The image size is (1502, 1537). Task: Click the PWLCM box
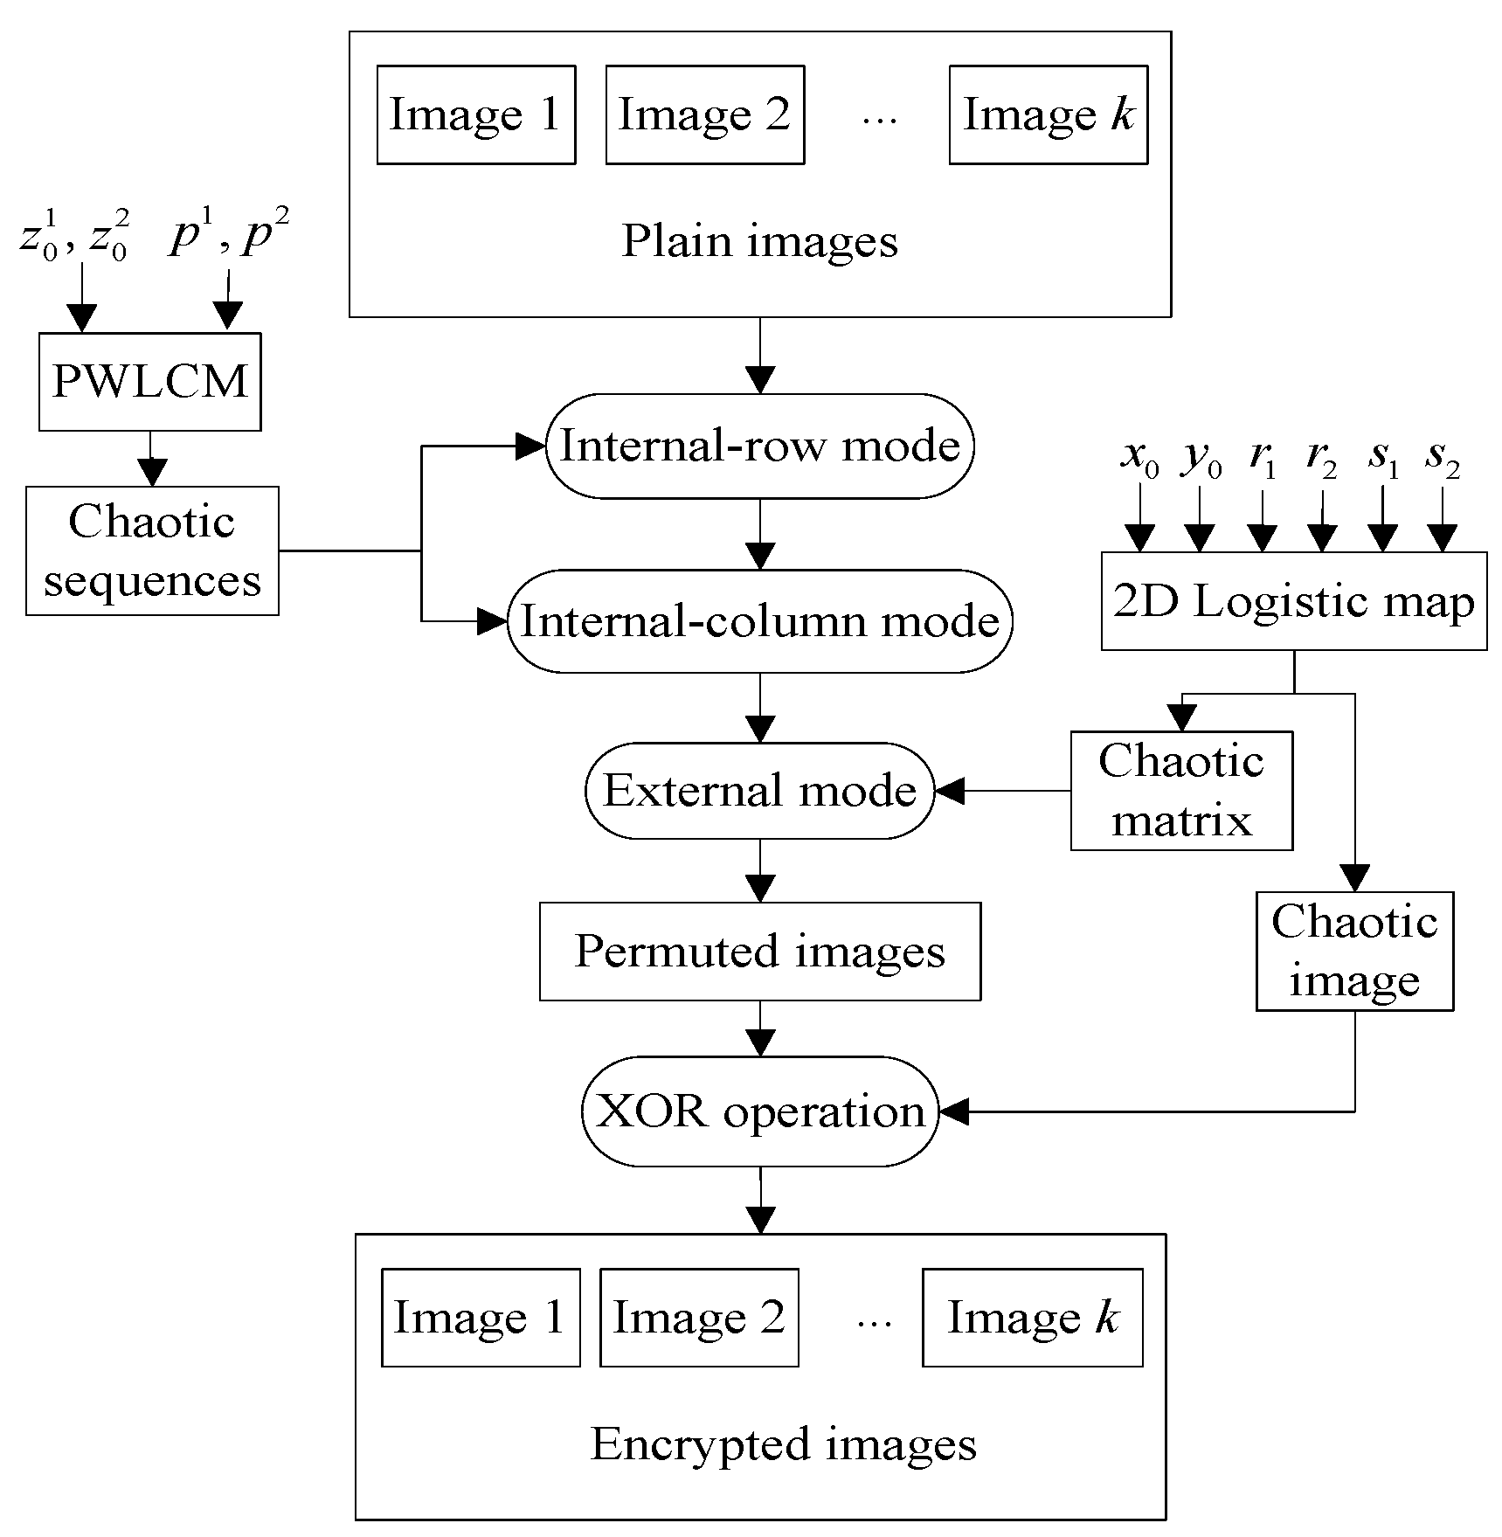pos(149,382)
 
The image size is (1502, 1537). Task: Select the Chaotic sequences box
pos(152,551)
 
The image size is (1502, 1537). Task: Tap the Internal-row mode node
pos(759,447)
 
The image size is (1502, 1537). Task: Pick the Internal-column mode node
pos(759,621)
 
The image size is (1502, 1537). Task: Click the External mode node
pos(759,791)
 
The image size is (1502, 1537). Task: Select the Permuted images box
pos(759,952)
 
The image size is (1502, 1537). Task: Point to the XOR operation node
pos(759,1111)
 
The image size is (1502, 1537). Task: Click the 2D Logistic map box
pos(1293,601)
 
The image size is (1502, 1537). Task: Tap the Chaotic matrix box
pos(1181,791)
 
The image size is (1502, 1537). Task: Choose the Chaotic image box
pos(1354,952)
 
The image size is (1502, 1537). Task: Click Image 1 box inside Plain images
pos(476,114)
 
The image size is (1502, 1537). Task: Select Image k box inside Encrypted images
pos(1032,1318)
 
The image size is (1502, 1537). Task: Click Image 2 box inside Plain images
pos(704,114)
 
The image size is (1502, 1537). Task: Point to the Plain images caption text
pos(759,241)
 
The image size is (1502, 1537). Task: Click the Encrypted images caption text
pos(783,1444)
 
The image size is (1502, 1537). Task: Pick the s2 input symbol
pos(1442,458)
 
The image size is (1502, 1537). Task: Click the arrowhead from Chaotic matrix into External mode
pos(949,792)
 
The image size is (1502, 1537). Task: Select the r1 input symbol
pos(1262,458)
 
